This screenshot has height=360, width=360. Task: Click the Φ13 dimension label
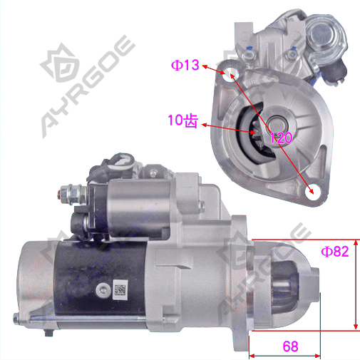coord(185,65)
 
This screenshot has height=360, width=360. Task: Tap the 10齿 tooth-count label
coord(182,120)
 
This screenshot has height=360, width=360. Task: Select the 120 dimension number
coord(281,138)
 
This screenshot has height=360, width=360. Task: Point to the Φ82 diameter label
coord(335,252)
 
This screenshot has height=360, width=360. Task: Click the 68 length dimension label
coord(290,346)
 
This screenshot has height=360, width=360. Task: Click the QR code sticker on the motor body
coord(120,289)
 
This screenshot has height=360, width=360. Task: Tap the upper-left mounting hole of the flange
coord(230,73)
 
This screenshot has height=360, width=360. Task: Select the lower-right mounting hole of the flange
coord(312,192)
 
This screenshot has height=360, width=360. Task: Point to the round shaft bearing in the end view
coord(277,123)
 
